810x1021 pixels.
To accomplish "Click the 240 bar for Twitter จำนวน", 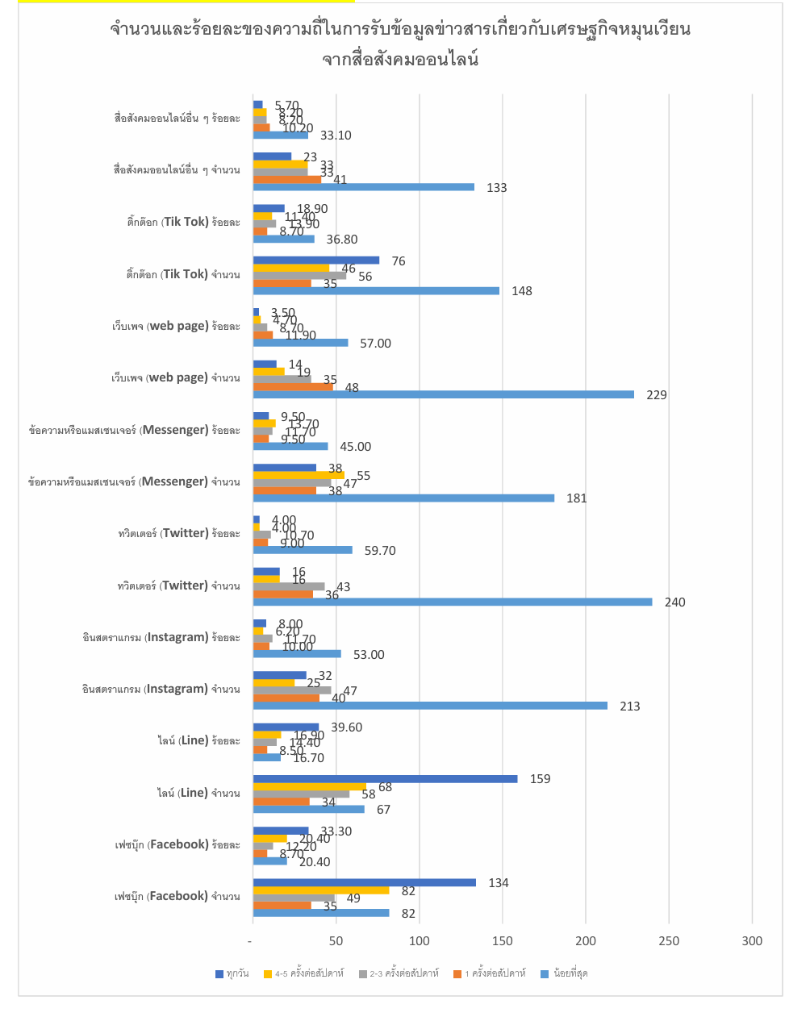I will [452, 602].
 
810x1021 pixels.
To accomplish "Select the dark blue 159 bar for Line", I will [385, 779].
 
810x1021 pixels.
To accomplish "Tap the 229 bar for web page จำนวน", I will [443, 395].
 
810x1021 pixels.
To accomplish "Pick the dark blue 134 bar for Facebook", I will [364, 882].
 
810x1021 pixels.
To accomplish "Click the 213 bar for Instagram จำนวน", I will [430, 706].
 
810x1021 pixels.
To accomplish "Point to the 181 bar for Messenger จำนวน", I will [403, 498].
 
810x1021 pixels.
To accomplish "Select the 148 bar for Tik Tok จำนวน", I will [376, 291].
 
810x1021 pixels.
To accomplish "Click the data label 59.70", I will [380, 551].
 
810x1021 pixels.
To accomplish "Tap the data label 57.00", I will [375, 344].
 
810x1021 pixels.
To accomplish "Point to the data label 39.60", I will [346, 727].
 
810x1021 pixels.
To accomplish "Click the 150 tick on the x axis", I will [503, 941].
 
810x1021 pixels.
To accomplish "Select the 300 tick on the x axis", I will [752, 941].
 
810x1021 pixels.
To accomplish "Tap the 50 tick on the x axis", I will [336, 941].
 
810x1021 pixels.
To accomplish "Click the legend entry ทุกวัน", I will [232, 974].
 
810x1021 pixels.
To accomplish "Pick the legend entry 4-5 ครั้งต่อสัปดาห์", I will [304, 974].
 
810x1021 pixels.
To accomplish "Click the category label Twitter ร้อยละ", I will [179, 533].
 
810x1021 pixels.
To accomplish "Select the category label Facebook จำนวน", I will [177, 896].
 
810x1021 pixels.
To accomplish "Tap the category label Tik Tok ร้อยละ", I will [183, 222].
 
